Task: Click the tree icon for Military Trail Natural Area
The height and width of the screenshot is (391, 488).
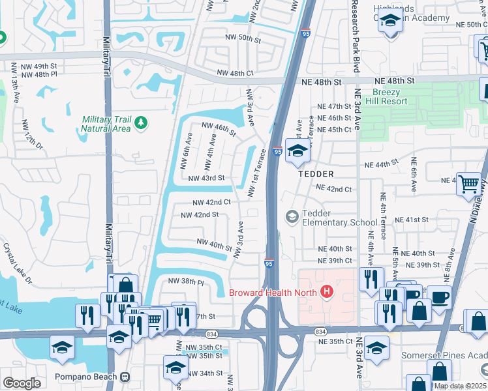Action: click(140, 122)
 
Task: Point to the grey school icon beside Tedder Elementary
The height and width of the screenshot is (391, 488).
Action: click(292, 216)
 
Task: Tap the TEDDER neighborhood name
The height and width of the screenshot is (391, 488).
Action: click(316, 174)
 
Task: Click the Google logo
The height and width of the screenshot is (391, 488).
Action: click(21, 383)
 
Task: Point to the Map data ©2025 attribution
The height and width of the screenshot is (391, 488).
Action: click(460, 386)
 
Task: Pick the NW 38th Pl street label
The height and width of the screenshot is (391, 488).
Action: click(186, 282)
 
